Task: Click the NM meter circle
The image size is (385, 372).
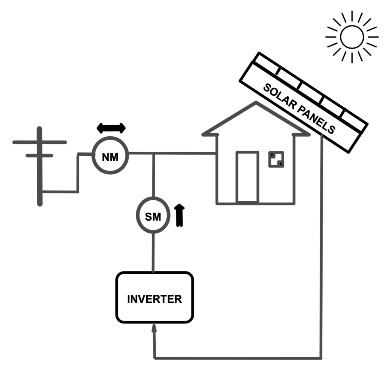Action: (110, 155)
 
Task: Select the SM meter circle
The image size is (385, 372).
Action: (153, 216)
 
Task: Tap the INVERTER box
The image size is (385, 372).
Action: (155, 297)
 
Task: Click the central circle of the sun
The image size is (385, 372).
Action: (352, 37)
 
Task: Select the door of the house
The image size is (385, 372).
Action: (247, 177)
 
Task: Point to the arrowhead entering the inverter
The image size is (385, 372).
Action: (154, 329)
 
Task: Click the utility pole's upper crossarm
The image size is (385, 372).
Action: (39, 142)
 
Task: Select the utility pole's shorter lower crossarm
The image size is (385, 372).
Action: (39, 155)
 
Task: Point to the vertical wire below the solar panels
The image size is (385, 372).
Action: (322, 245)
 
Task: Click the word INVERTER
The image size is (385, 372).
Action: (155, 299)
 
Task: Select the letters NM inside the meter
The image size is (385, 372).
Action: (110, 157)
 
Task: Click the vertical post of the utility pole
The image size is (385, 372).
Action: (39, 177)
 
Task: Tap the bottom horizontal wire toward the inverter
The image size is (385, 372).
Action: (237, 357)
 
